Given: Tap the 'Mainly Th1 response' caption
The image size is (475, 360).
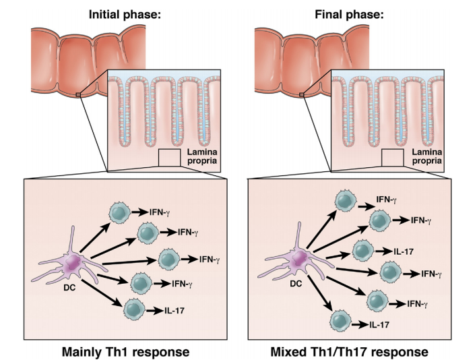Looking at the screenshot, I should pyautogui.click(x=125, y=351).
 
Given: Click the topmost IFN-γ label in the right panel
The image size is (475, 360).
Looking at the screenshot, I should pyautogui.click(x=387, y=200).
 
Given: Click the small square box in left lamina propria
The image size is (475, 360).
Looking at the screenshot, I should pyautogui.click(x=169, y=158).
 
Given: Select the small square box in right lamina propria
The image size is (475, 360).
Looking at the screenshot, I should pyautogui.click(x=392, y=158).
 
